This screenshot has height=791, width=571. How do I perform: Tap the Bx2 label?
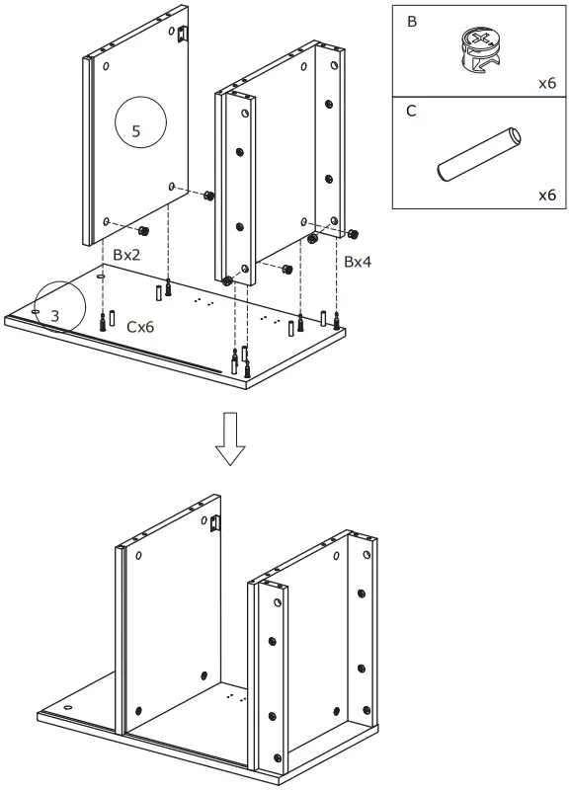click(x=126, y=255)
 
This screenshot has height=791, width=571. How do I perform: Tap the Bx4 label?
click(x=357, y=262)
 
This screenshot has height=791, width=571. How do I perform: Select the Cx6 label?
click(x=140, y=327)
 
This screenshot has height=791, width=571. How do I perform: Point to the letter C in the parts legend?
click(x=412, y=111)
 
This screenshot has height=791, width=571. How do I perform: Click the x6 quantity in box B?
click(x=546, y=83)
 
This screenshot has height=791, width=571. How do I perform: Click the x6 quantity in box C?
click(x=546, y=195)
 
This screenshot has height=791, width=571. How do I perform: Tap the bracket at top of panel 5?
click(x=182, y=35)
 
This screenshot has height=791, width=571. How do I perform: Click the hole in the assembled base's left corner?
click(x=69, y=709)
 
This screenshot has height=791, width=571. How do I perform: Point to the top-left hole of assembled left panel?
click(x=138, y=557)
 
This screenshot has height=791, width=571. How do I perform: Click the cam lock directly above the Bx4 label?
click(x=353, y=234)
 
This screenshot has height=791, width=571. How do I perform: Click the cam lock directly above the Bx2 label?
click(x=143, y=231)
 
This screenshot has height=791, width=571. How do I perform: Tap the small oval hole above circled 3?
click(x=101, y=278)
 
